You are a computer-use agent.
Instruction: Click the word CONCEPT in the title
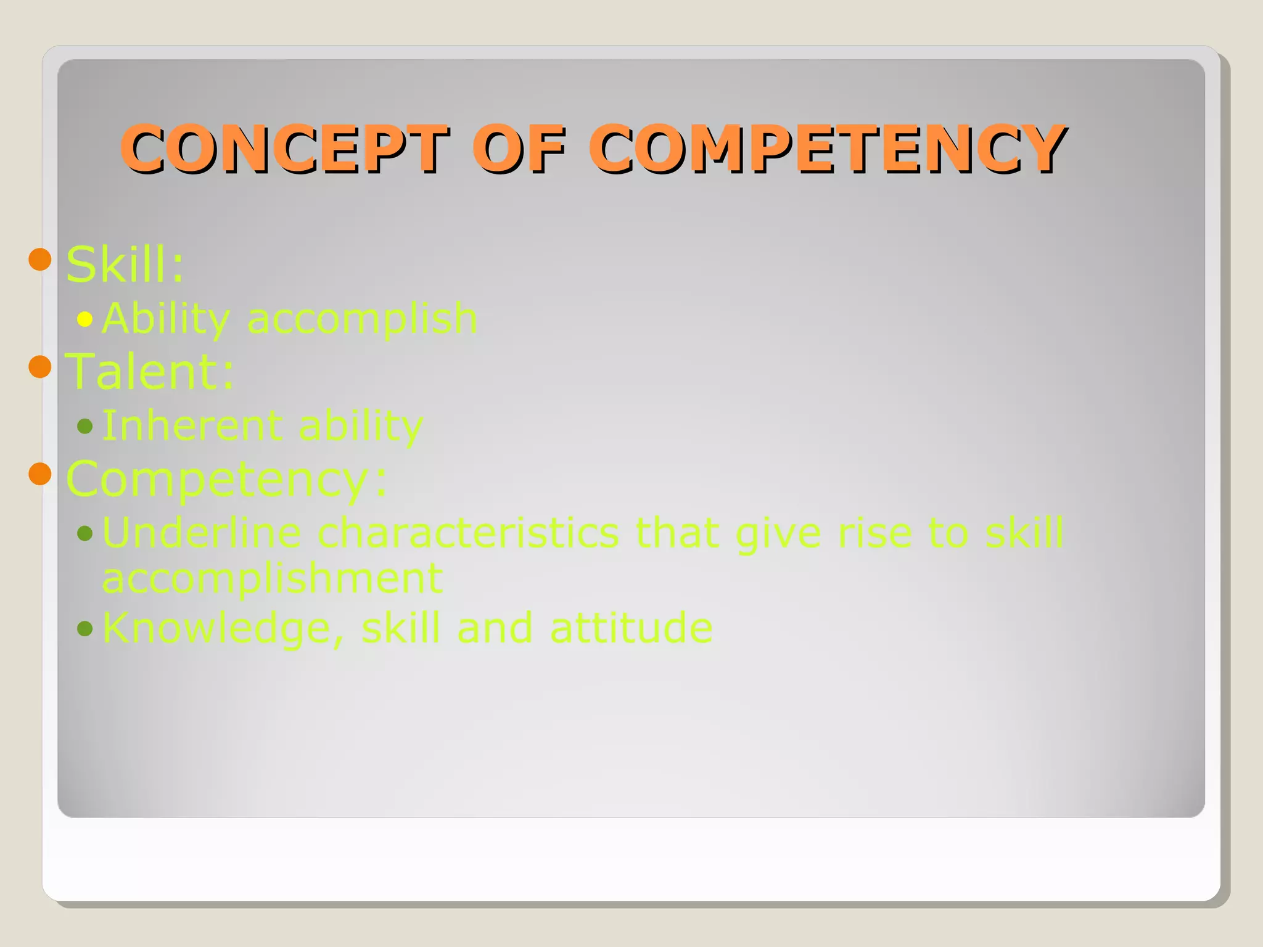[284, 149]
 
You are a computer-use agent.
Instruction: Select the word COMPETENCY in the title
[826, 149]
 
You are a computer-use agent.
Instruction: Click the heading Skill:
[125, 264]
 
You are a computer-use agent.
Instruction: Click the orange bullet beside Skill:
[40, 260]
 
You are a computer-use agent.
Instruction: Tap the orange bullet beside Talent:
[40, 367]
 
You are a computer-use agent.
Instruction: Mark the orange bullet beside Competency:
[40, 474]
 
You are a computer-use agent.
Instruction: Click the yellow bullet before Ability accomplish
[84, 319]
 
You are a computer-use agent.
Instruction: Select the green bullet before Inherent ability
[84, 426]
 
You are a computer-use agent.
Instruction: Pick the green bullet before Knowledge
[84, 629]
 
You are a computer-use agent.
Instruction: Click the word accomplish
[362, 319]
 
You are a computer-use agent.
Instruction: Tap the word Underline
[202, 532]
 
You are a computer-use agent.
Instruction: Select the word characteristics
[468, 532]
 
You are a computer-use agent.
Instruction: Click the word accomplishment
[273, 578]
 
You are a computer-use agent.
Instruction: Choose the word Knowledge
[216, 628]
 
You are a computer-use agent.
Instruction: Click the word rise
[874, 532]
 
